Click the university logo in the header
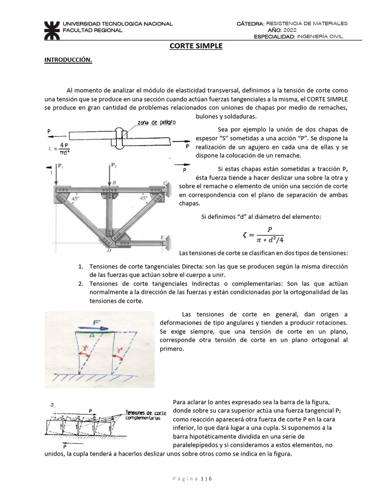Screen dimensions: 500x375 click(50, 29)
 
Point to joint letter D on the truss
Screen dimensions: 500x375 click(110, 250)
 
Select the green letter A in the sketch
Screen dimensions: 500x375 click(92, 335)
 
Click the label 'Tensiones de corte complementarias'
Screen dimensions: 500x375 click(146, 415)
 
